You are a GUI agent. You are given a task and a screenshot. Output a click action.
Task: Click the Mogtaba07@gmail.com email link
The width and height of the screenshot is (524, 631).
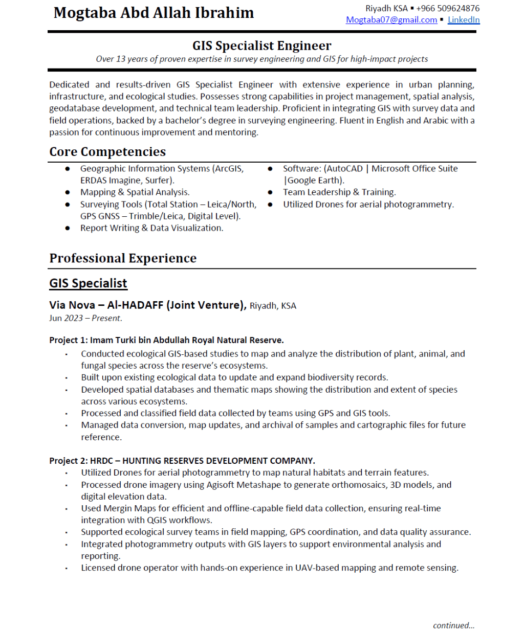coord(391,20)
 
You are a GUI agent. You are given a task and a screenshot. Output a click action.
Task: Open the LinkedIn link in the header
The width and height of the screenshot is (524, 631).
coord(464,20)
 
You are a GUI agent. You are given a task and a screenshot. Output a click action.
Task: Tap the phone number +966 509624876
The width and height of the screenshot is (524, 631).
coord(448,8)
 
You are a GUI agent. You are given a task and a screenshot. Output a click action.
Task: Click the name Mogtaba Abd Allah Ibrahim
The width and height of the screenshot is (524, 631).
coord(154,13)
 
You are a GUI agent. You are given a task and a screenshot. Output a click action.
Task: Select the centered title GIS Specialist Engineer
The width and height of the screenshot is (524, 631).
coord(261,46)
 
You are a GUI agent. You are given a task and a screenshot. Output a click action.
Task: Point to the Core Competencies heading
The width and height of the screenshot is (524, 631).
coord(107,152)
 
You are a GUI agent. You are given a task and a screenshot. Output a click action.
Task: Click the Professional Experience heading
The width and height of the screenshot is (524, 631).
coord(123,258)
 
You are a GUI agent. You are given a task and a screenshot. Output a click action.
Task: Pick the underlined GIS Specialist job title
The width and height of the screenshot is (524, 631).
coord(88,283)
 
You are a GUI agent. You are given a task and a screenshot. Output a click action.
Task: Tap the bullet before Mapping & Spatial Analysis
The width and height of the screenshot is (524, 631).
coord(68,193)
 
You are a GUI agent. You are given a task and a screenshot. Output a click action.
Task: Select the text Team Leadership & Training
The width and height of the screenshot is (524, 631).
coord(339,192)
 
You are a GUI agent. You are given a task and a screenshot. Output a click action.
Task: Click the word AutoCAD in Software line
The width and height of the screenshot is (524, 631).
coord(344,169)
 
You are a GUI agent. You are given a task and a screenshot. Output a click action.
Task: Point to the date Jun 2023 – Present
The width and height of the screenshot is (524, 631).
coord(85,318)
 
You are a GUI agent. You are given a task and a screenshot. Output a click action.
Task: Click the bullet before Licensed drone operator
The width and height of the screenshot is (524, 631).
coord(67,569)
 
